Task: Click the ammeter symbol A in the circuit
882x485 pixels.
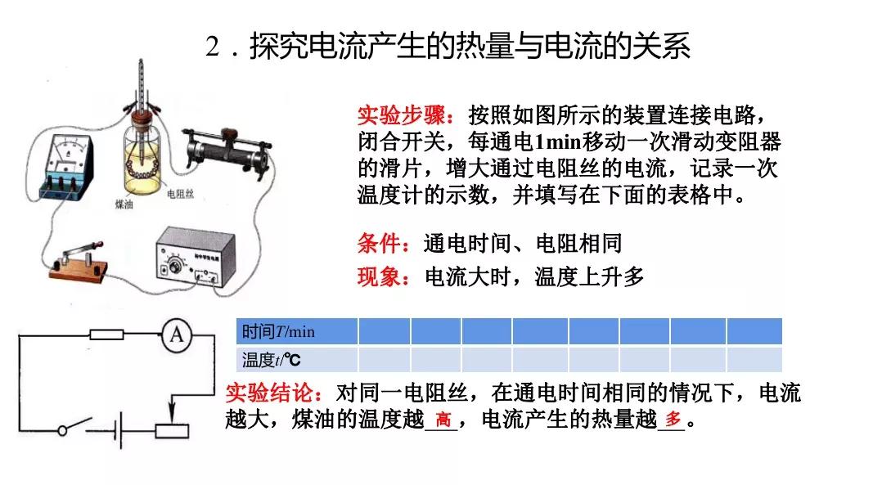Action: (175, 335)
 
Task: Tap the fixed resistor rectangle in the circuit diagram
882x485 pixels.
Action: (106, 334)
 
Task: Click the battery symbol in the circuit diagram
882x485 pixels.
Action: (119, 431)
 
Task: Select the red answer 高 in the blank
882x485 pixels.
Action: (443, 420)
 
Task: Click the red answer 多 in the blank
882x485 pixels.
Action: (672, 420)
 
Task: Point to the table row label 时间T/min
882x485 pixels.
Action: (278, 331)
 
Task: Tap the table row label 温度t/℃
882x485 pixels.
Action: (272, 359)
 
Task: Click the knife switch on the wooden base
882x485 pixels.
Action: (79, 259)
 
